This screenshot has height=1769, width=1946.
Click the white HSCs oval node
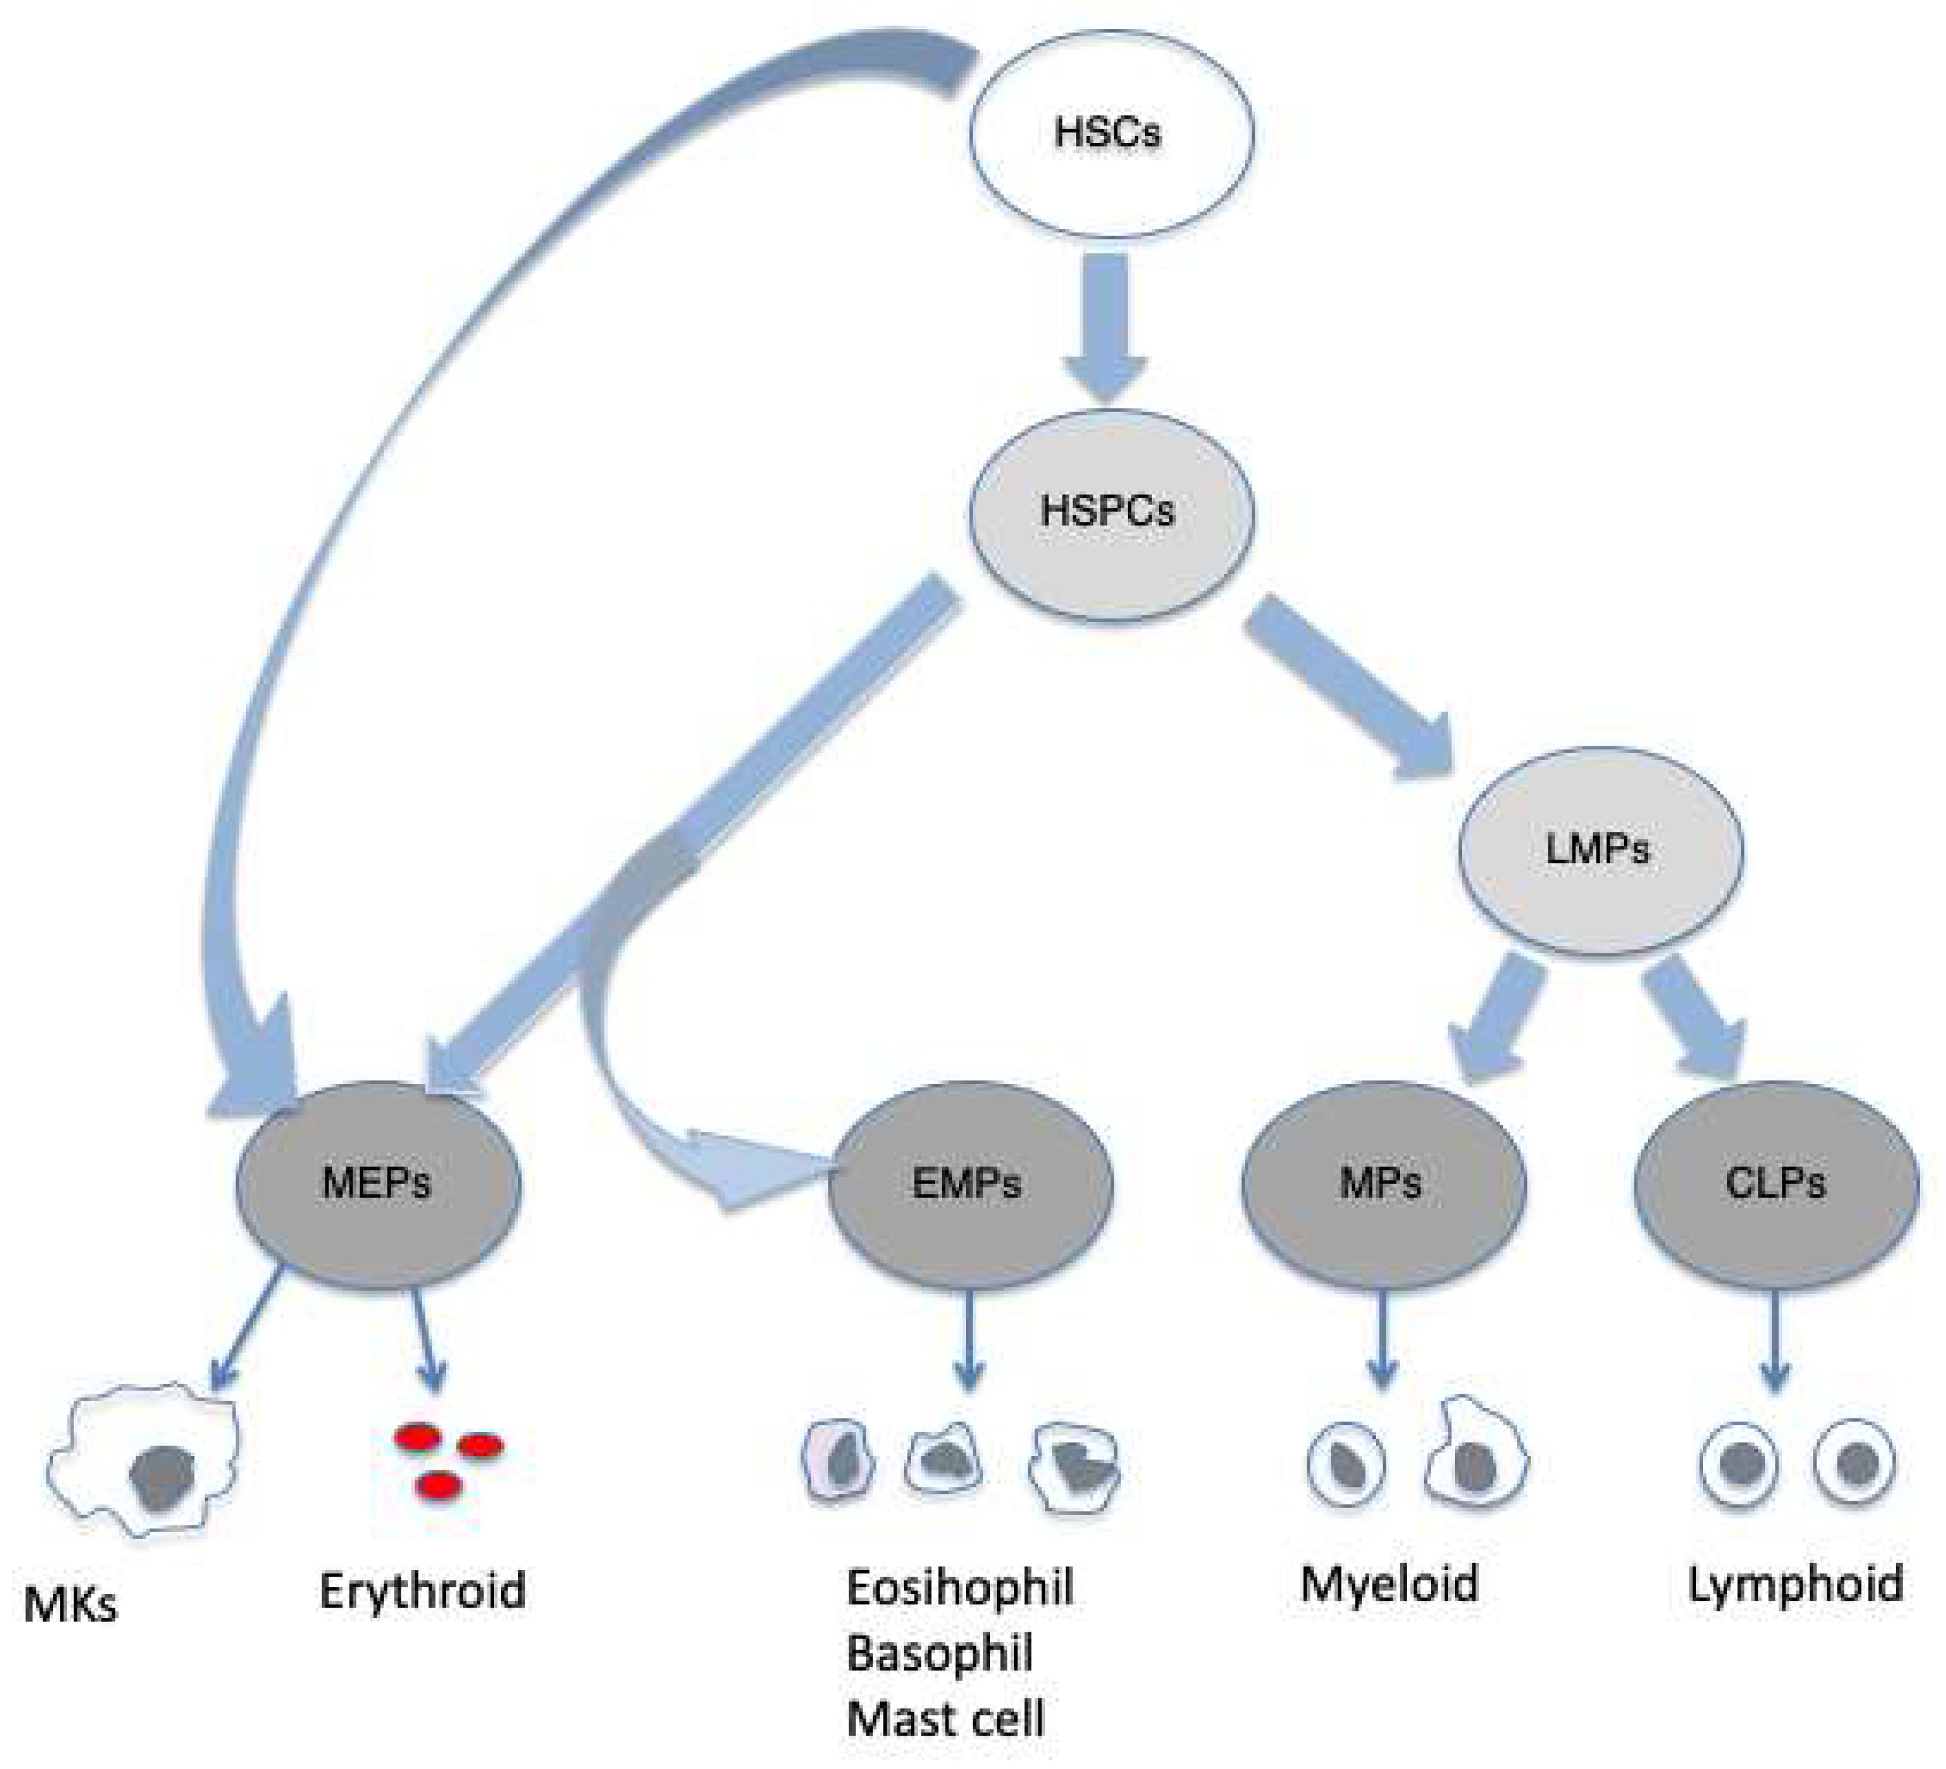(x=1110, y=133)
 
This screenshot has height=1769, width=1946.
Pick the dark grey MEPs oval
(x=377, y=1184)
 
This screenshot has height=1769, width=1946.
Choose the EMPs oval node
(x=969, y=1184)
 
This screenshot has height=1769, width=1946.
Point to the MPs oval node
(x=1382, y=1184)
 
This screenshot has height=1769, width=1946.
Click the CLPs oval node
(x=1776, y=1184)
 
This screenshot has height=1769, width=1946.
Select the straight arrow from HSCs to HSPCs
(x=1106, y=323)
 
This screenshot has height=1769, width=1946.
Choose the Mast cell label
(x=946, y=1719)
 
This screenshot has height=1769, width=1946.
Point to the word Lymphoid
(x=1795, y=1585)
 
